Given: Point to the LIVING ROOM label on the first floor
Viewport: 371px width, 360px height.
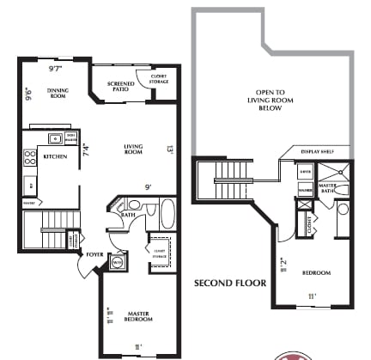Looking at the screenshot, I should pyautogui.click(x=133, y=148).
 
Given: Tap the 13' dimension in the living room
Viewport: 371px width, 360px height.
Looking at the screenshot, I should pyautogui.click(x=170, y=149).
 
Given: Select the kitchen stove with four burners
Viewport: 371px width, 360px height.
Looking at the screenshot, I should pyautogui.click(x=32, y=157).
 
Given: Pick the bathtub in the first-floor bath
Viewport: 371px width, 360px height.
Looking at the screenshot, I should pyautogui.click(x=167, y=212).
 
